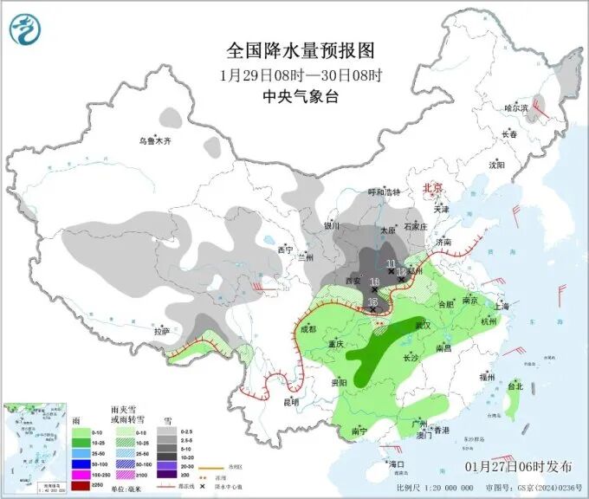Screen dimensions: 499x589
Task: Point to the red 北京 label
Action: pyautogui.click(x=431, y=188)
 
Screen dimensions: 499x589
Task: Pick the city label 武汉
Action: pyautogui.click(x=423, y=325)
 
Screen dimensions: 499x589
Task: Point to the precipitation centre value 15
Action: pyautogui.click(x=373, y=301)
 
